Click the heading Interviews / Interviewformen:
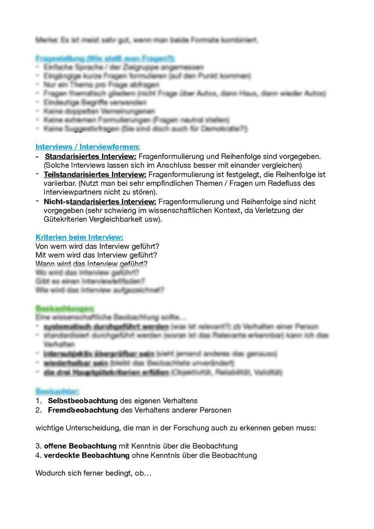point(88,147)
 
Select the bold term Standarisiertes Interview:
point(90,156)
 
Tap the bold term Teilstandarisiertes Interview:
point(95,174)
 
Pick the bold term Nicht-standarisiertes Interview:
point(100,201)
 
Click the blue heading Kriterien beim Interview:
point(79,237)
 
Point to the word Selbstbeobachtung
point(83,401)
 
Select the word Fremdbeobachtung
point(83,410)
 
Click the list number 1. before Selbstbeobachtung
point(38,401)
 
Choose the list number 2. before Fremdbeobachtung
point(38,410)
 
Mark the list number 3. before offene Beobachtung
point(38,446)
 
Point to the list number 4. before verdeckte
point(38,455)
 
